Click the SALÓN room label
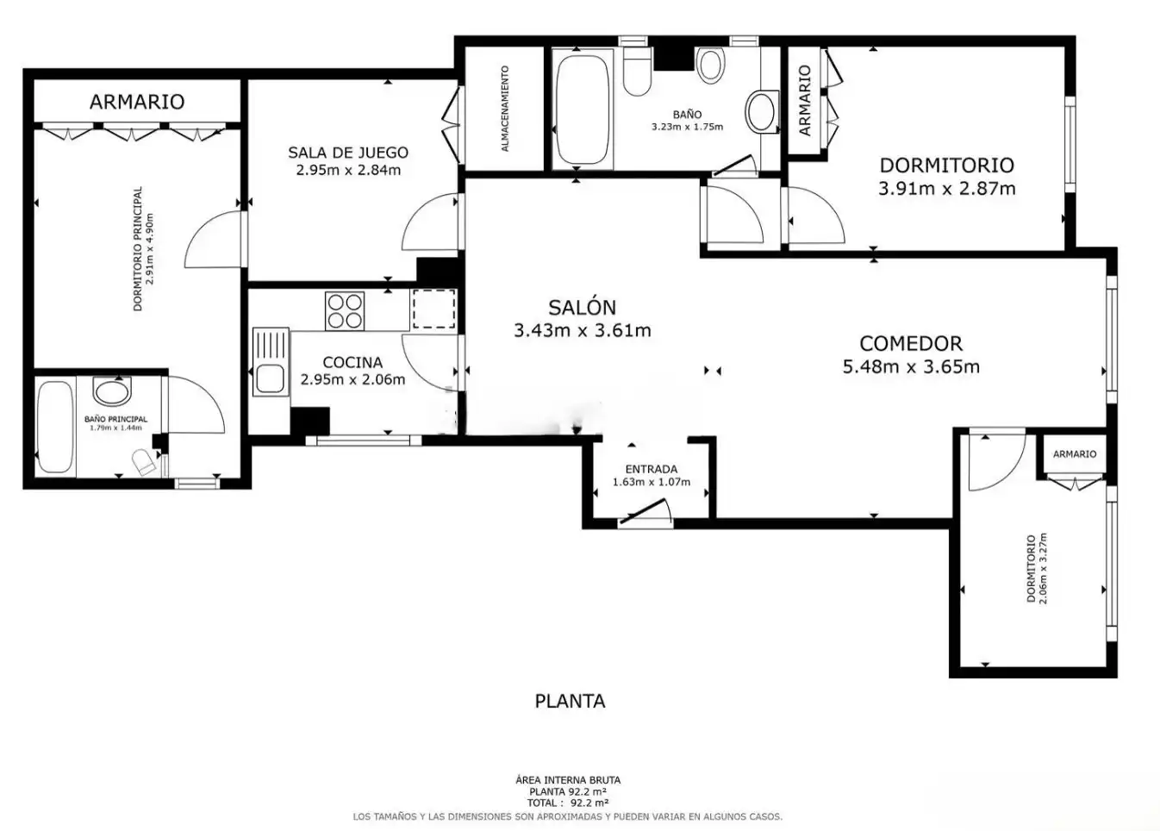[x=582, y=308]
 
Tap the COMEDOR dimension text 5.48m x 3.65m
[x=911, y=367]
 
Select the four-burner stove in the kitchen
[x=345, y=311]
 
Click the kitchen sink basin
[x=271, y=378]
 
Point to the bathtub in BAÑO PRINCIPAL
[x=55, y=427]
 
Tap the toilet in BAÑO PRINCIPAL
[x=144, y=461]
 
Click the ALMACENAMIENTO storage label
[x=505, y=109]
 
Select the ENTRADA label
[x=651, y=469]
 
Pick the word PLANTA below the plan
[x=570, y=702]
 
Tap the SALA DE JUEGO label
[x=348, y=153]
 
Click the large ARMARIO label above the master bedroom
[x=137, y=102]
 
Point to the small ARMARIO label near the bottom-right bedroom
[x=1075, y=453]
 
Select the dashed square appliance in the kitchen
[x=433, y=309]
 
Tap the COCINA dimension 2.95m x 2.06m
[x=352, y=380]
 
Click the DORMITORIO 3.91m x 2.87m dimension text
[x=946, y=188]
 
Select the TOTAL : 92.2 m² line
[x=568, y=803]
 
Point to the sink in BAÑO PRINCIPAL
[x=112, y=391]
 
